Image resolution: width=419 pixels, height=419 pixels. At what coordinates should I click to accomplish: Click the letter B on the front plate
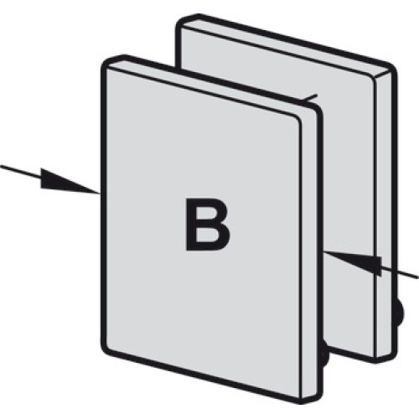tap(208, 225)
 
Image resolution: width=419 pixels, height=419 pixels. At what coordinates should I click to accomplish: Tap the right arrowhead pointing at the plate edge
tap(353, 262)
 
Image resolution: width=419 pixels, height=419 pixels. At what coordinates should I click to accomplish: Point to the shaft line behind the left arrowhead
tap(21, 172)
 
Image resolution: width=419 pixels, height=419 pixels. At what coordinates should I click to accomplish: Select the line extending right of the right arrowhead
tap(400, 273)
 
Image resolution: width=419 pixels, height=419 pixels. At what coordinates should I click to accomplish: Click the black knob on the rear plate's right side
tap(401, 313)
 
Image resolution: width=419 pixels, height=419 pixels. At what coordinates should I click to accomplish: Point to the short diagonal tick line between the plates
tap(310, 97)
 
